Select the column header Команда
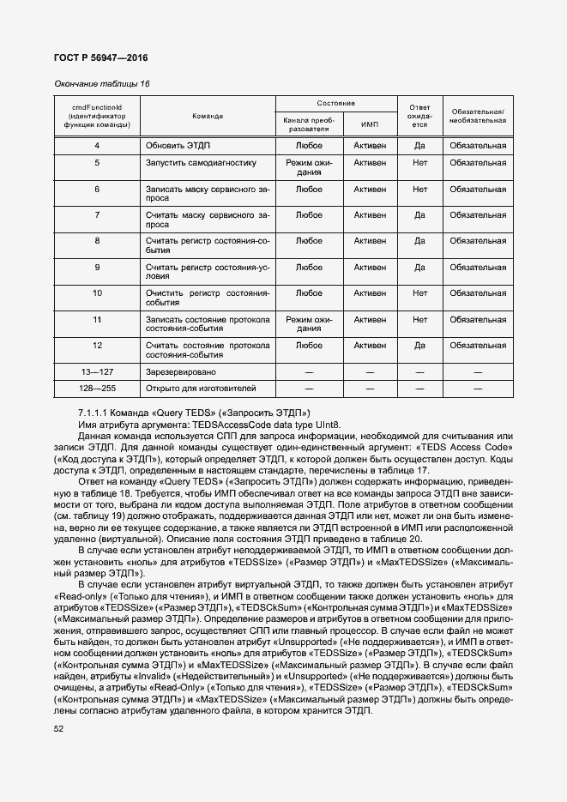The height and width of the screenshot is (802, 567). pos(208,115)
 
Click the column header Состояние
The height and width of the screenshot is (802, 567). pos(335,103)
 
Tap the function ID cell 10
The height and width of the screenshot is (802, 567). pos(97,292)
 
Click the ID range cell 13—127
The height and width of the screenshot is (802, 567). pos(97,372)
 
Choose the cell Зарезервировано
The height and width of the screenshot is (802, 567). pos(181,372)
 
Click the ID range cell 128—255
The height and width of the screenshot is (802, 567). pos(97,389)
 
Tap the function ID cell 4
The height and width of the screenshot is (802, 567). pos(97,146)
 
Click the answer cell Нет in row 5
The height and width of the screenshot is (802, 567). pos(419,162)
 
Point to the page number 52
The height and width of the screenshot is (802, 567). pos(59,728)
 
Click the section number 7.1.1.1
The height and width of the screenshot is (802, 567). pos(95,413)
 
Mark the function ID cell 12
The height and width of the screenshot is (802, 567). pos(97,346)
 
